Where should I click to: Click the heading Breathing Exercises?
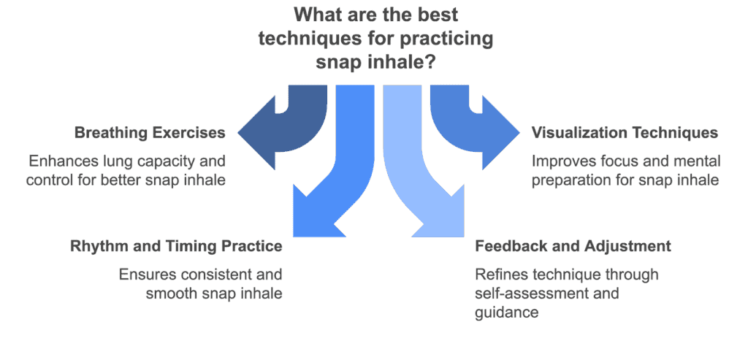coord(150,133)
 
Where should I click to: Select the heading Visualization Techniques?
coord(625,133)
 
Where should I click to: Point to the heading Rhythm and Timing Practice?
coord(176,246)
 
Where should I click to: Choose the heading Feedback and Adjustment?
coord(573,246)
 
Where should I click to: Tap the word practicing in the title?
coord(446,39)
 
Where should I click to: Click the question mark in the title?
coord(428,63)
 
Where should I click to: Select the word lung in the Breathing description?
coord(125,161)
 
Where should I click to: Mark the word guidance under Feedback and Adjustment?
coord(507,313)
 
